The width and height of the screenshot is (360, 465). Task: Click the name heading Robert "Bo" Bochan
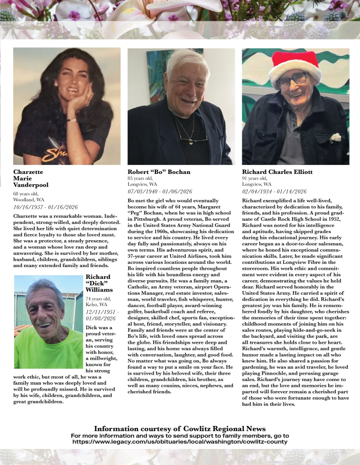pyautogui.click(x=159, y=172)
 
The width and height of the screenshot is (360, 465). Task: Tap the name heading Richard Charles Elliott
pyautogui.click(x=277, y=172)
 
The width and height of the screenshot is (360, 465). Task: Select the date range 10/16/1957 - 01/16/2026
pyautogui.click(x=45, y=207)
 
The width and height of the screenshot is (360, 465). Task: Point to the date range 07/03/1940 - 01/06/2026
pyautogui.click(x=160, y=191)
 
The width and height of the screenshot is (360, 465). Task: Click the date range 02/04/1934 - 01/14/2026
pyautogui.click(x=274, y=191)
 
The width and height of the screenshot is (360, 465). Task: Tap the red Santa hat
pyautogui.click(x=294, y=66)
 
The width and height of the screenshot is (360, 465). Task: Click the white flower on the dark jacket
pyautogui.click(x=335, y=137)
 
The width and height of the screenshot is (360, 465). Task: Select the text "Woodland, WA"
pyautogui.click(x=29, y=200)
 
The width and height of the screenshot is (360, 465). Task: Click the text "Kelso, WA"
pyautogui.click(x=96, y=305)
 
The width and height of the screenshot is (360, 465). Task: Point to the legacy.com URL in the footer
pyautogui.click(x=180, y=441)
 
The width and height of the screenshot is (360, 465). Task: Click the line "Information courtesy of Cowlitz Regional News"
pyautogui.click(x=180, y=429)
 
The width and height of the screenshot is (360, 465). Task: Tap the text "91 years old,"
pyautogui.click(x=255, y=178)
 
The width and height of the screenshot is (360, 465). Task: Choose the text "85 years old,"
pyautogui.click(x=140, y=178)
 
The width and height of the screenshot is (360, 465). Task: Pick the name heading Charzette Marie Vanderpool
pyautogui.click(x=30, y=178)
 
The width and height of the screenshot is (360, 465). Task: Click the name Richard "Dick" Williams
pyautogui.click(x=98, y=283)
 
